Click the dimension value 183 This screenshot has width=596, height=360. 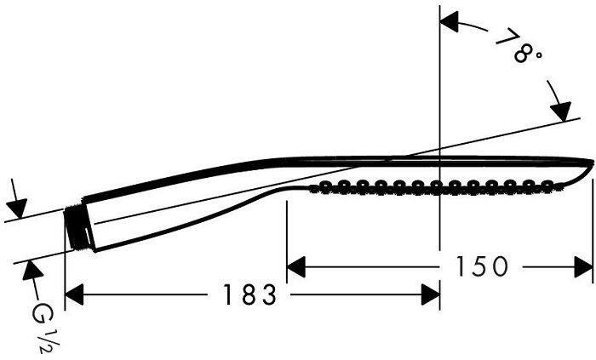pyautogui.click(x=251, y=295)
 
